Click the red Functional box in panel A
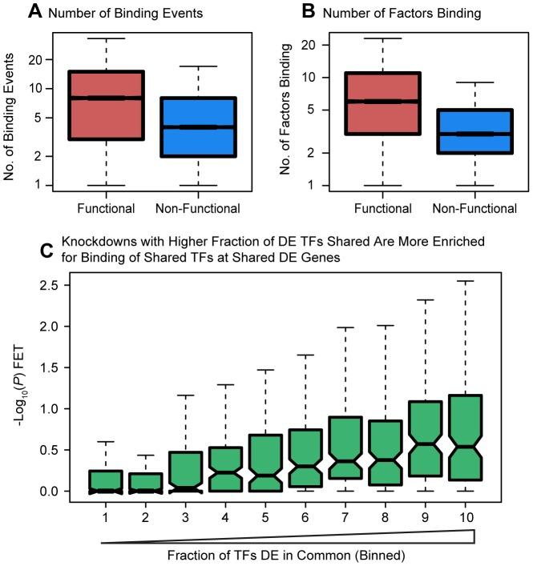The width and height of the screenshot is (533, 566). coord(106,105)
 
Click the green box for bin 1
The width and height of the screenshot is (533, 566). coord(106,481)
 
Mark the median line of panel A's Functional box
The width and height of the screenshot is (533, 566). coord(106,98)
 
